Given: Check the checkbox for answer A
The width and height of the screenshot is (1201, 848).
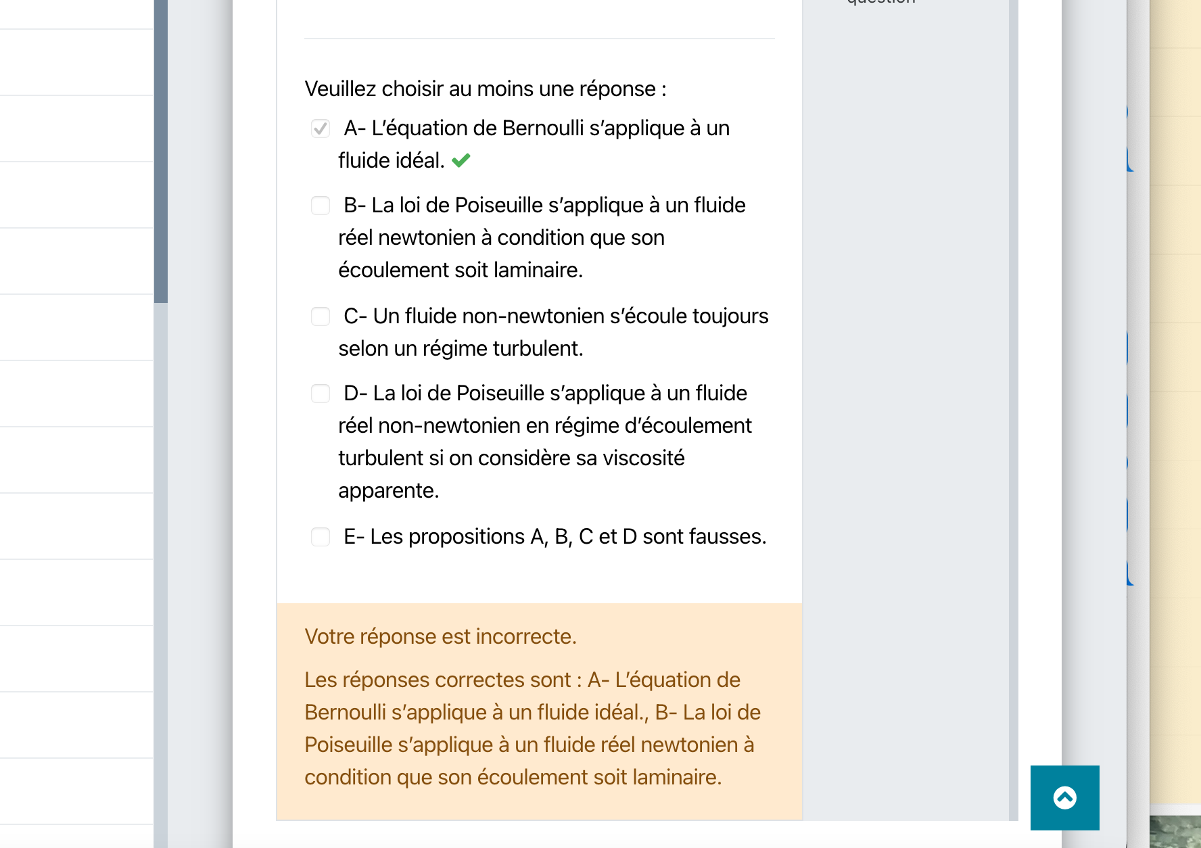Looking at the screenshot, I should [x=321, y=128].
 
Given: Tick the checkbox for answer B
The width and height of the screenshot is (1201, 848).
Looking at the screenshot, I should [x=321, y=206].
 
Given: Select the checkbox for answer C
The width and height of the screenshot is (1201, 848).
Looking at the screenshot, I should [x=321, y=316].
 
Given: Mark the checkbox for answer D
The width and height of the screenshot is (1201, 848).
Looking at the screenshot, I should [x=321, y=394].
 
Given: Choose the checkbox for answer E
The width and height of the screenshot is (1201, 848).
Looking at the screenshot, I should [x=321, y=537].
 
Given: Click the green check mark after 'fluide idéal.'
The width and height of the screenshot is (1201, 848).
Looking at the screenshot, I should [x=461, y=160].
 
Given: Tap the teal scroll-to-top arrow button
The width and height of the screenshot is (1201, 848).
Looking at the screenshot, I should [x=1064, y=798].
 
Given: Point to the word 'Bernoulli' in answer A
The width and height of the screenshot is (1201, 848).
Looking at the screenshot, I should [x=543, y=128].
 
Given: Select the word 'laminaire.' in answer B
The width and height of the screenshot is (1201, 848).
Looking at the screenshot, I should [x=538, y=270].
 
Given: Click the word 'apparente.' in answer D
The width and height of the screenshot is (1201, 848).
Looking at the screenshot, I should [x=389, y=491].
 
